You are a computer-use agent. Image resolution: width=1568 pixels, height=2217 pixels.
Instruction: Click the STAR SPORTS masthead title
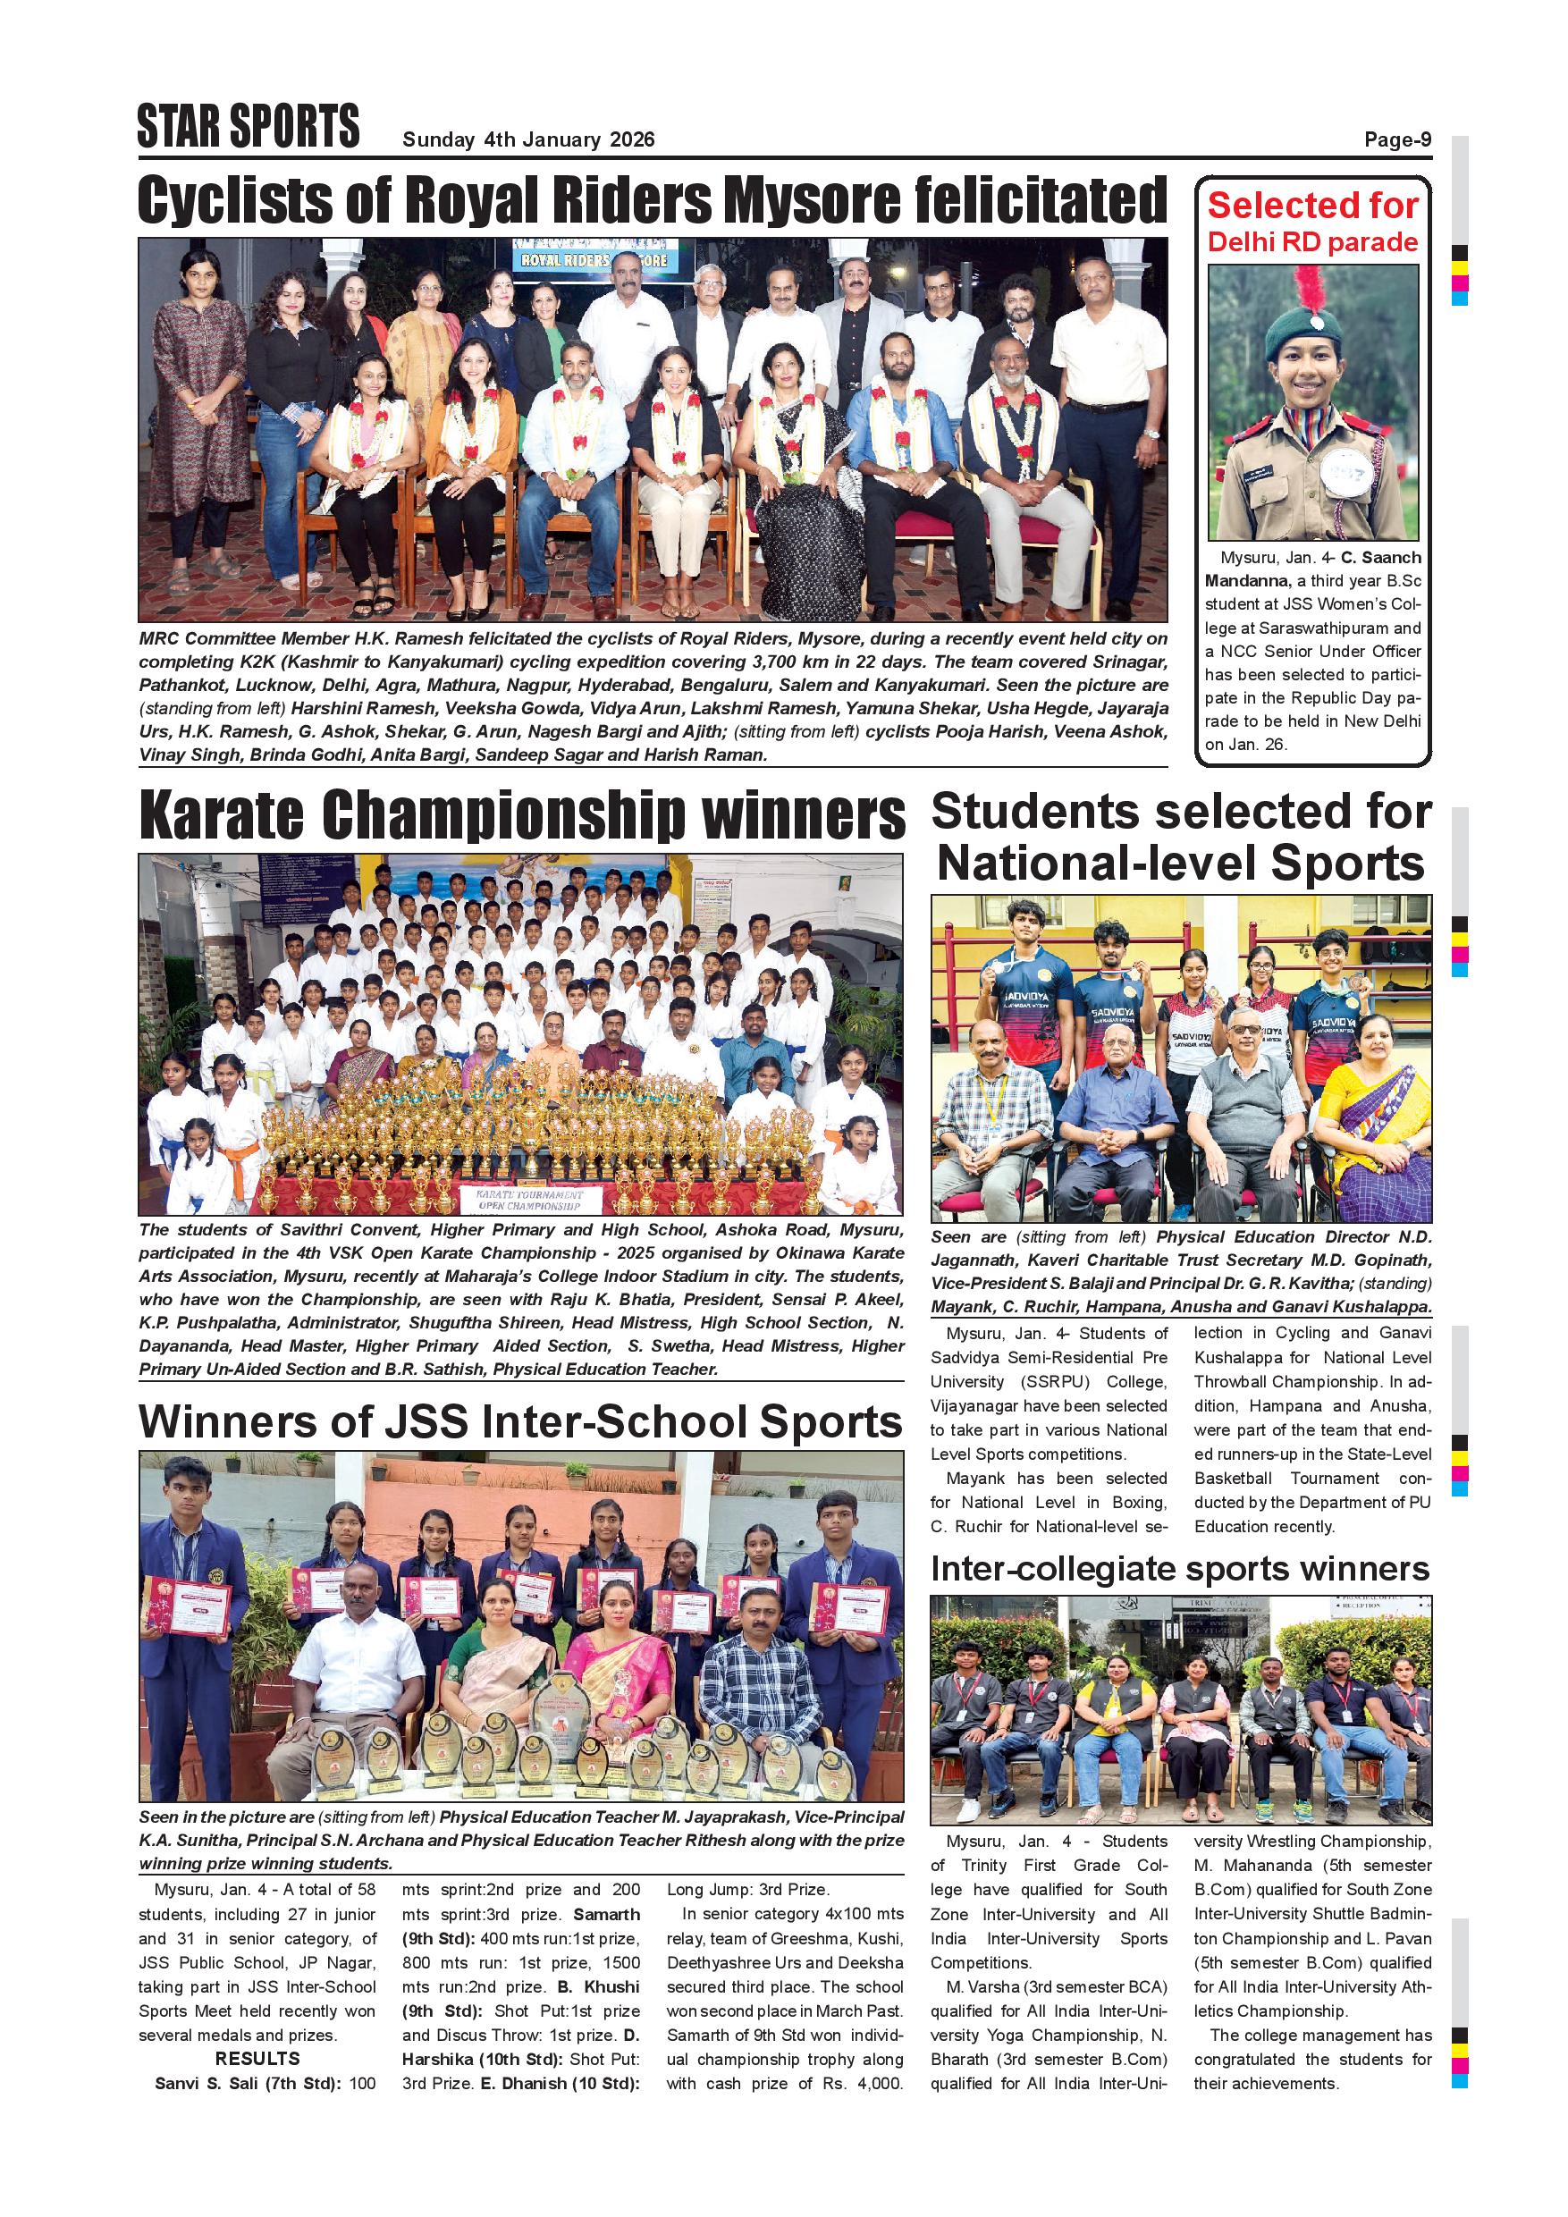pyautogui.click(x=249, y=126)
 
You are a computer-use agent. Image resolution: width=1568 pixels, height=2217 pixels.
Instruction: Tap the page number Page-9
pyautogui.click(x=1397, y=140)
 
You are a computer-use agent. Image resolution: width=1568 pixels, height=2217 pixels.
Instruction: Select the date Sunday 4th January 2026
pyautogui.click(x=528, y=140)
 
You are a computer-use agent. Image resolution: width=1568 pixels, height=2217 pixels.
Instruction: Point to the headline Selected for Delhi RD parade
pyautogui.click(x=1313, y=222)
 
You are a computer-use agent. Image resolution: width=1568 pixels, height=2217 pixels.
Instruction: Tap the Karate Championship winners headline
pyautogui.click(x=521, y=817)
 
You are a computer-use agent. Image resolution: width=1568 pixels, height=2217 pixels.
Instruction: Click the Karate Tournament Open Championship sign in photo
pyautogui.click(x=529, y=1201)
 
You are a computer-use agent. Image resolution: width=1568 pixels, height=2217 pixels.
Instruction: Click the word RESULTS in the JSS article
pyautogui.click(x=257, y=2059)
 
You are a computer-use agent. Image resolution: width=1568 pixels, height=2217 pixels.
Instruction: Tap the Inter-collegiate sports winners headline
pyautogui.click(x=1180, y=1569)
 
